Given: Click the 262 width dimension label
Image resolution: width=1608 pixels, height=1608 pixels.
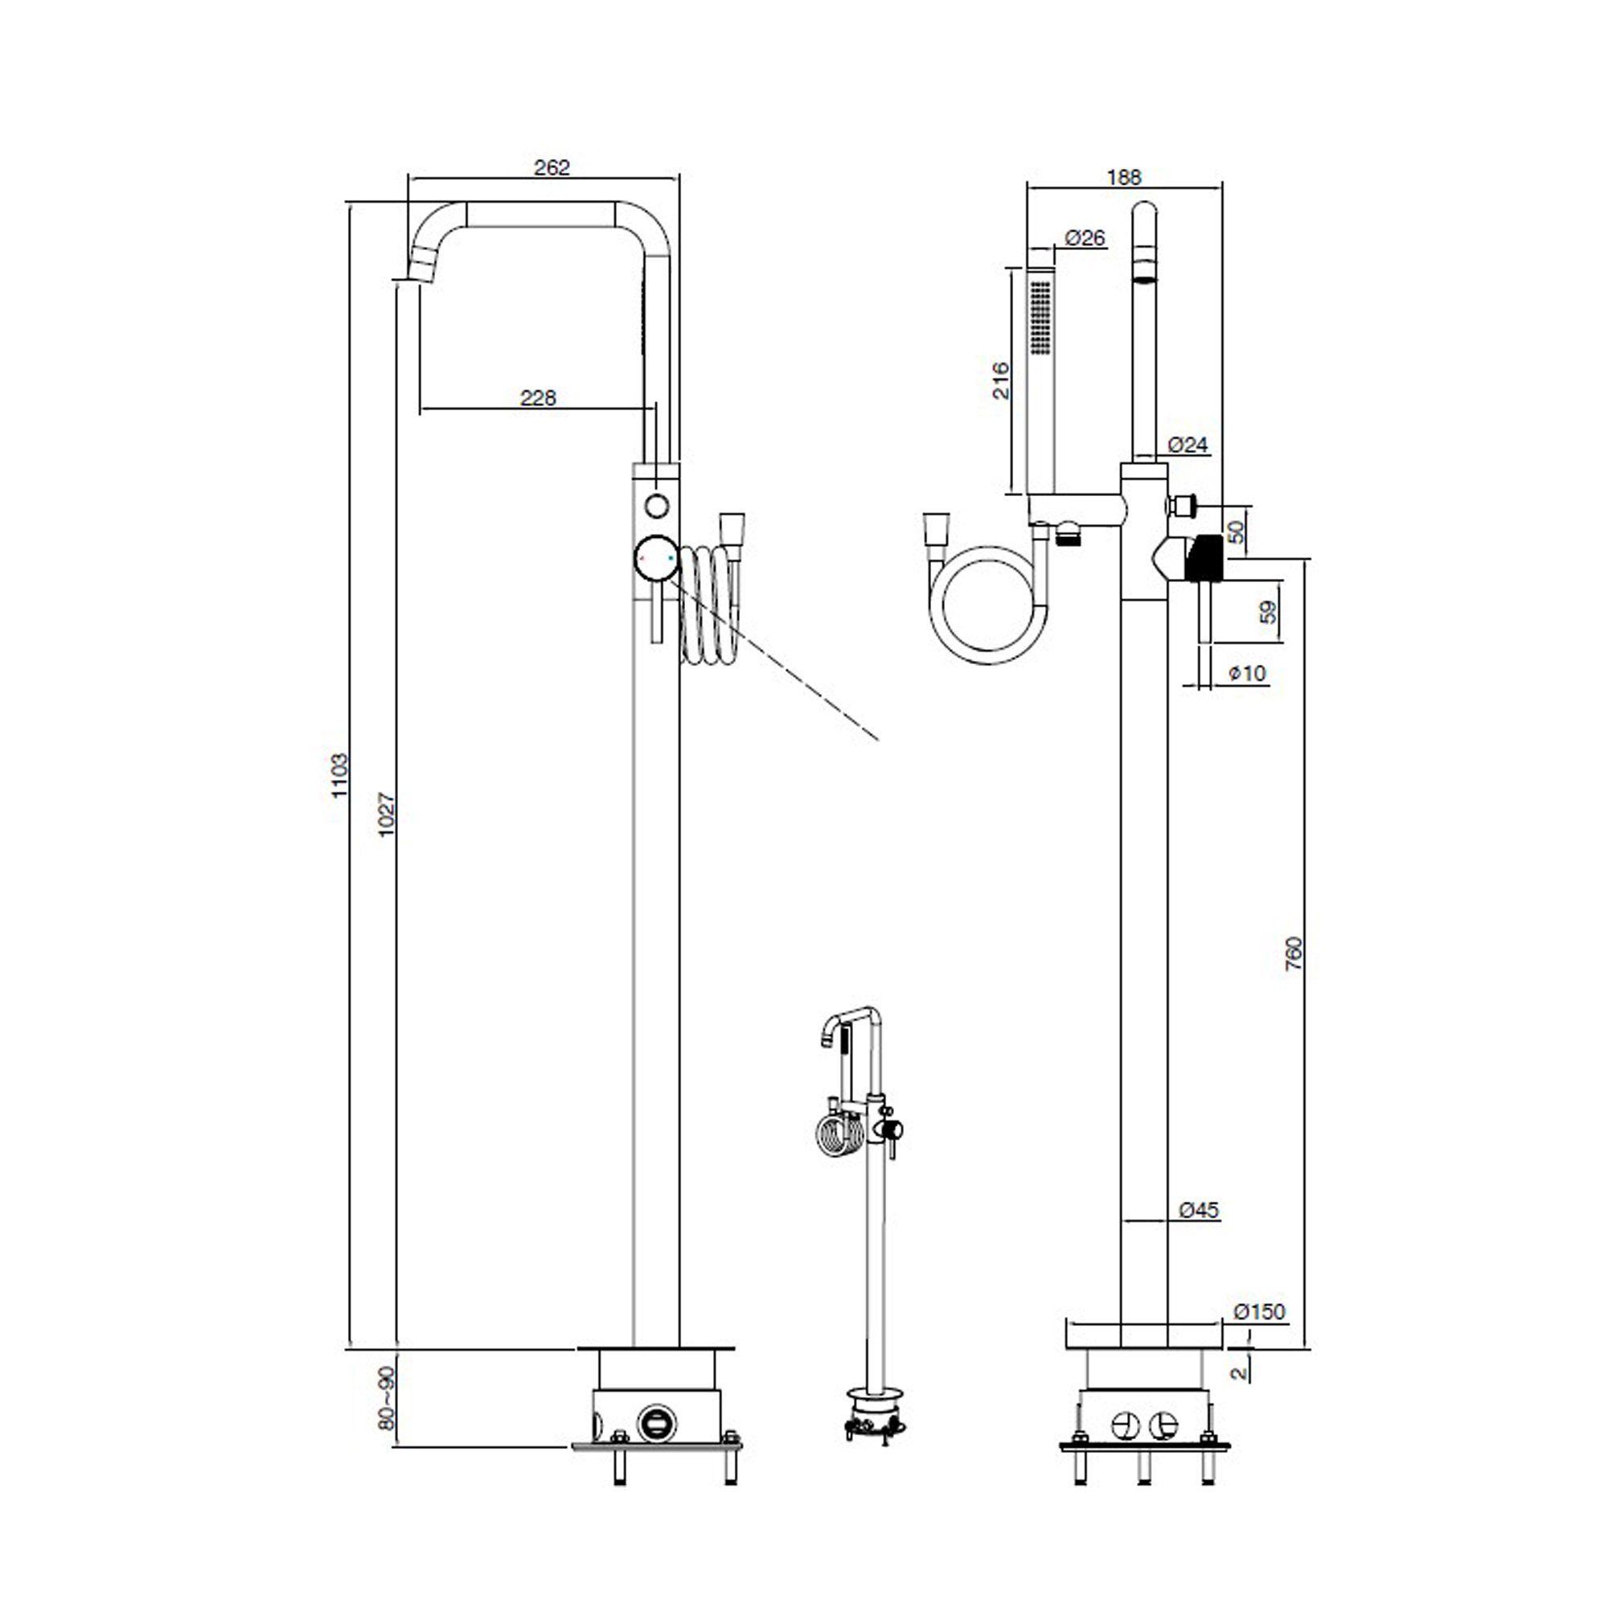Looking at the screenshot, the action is pyautogui.click(x=552, y=167).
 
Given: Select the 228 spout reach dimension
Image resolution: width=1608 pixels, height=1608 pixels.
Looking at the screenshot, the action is pyautogui.click(x=538, y=398).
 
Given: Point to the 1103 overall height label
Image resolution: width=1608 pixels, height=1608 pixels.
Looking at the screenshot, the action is pyautogui.click(x=339, y=776).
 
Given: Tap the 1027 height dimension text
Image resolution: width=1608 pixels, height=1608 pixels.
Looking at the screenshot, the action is pyautogui.click(x=386, y=814).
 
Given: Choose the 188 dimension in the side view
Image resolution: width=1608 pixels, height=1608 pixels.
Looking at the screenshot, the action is pyautogui.click(x=1125, y=177).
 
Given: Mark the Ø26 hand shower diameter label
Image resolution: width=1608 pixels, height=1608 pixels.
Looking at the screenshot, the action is pyautogui.click(x=1085, y=238).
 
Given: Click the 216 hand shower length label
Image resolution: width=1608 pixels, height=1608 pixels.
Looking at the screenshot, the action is pyautogui.click(x=1001, y=380).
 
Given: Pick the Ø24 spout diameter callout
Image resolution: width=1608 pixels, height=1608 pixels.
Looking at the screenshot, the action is pyautogui.click(x=1188, y=445).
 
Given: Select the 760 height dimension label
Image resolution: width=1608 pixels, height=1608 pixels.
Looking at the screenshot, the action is pyautogui.click(x=1294, y=954).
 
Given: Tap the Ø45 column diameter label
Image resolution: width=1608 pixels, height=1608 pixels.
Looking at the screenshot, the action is pyautogui.click(x=1200, y=1210).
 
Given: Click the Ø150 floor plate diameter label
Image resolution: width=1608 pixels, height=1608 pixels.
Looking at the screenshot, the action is pyautogui.click(x=1259, y=1313).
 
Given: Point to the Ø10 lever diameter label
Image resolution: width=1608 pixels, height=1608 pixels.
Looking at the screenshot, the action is pyautogui.click(x=1248, y=672).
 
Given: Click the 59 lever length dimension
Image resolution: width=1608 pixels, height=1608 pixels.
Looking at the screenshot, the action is pyautogui.click(x=1268, y=612).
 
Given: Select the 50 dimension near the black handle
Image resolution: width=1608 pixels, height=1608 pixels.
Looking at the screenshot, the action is pyautogui.click(x=1237, y=531).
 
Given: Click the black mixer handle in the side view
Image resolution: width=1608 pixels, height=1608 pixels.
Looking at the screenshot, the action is pyautogui.click(x=1204, y=559).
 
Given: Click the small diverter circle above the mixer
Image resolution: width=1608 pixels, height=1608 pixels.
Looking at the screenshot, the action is pyautogui.click(x=657, y=505).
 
